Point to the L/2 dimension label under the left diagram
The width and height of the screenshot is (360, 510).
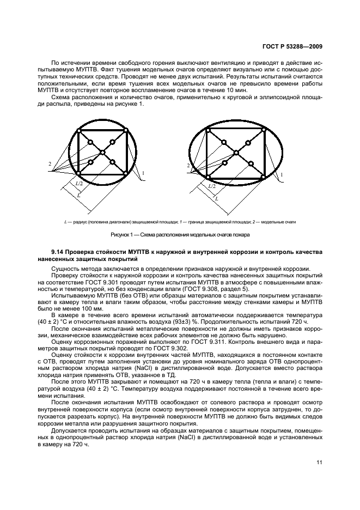(81, 185)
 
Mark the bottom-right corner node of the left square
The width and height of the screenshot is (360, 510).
(125, 173)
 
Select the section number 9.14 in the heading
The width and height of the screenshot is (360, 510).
(58, 252)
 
